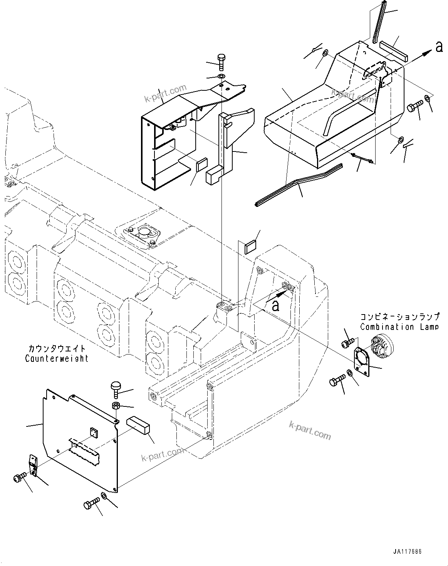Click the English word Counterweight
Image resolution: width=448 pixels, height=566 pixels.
(x=57, y=358)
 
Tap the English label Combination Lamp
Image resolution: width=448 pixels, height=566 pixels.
(x=399, y=327)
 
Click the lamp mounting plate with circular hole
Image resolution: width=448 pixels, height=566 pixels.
(x=363, y=358)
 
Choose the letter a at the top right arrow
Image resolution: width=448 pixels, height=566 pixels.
(x=438, y=47)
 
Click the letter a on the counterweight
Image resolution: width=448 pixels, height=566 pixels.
(x=275, y=306)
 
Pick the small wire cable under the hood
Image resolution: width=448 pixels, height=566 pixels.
(x=363, y=158)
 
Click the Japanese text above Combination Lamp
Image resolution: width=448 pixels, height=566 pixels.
(x=399, y=317)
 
